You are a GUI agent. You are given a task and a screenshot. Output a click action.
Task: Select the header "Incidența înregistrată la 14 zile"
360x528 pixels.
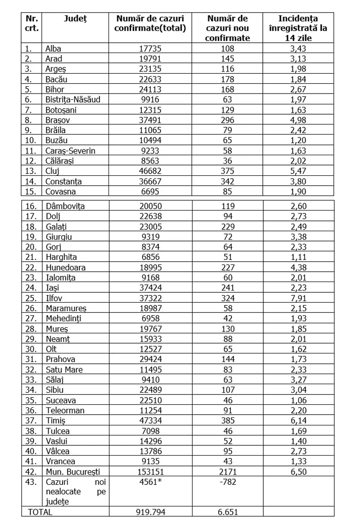[x=298, y=28]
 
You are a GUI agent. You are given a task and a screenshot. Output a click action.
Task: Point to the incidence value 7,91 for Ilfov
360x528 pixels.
[x=298, y=298]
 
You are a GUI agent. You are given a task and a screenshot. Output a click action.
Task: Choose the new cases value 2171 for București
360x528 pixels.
[x=228, y=472]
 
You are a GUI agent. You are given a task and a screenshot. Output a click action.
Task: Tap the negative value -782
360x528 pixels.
[x=228, y=482]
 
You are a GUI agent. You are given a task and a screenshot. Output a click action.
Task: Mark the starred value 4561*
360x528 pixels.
[x=152, y=482]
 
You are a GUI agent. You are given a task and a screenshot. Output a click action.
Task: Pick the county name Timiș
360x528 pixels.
[x=55, y=421]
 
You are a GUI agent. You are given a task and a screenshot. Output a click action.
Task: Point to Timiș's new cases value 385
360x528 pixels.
[x=228, y=421]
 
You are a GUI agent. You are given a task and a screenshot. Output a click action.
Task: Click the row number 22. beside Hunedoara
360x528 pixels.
[x=31, y=268]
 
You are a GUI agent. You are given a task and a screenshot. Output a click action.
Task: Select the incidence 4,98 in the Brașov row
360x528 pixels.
[x=298, y=120]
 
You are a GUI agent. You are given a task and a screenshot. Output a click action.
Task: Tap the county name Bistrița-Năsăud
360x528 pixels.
[x=72, y=99]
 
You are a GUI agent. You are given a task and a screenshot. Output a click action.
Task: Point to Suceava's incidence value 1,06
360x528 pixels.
[x=298, y=400]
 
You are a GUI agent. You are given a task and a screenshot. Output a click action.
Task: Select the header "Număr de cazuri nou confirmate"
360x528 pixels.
[x=228, y=28]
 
